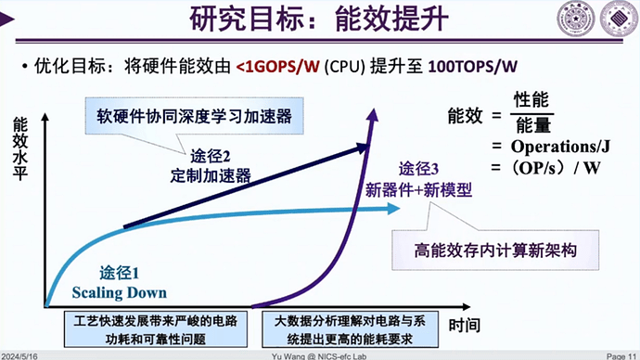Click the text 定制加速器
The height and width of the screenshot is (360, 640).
pos(211,174)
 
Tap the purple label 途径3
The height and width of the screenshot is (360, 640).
pos(421,170)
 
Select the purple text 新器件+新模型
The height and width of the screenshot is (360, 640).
pos(418,190)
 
